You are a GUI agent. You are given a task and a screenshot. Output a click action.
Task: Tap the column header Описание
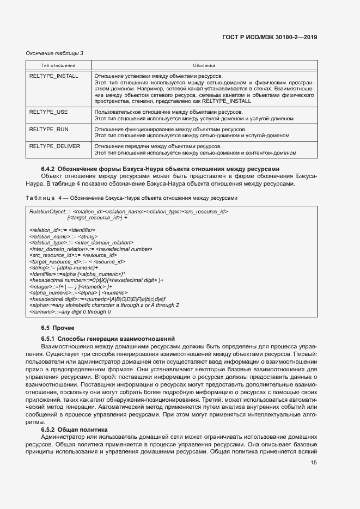(x=204, y=65)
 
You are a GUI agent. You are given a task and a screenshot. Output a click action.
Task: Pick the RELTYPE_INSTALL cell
(x=53, y=76)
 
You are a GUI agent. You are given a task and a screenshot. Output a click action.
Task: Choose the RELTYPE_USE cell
(x=48, y=111)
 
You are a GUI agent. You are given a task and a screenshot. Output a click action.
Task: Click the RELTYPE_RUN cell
(x=48, y=130)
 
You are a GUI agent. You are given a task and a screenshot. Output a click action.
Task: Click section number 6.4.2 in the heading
(x=48, y=169)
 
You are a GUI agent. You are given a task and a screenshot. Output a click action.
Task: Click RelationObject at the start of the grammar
(x=48, y=211)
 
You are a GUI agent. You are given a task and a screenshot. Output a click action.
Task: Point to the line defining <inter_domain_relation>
(x=90, y=249)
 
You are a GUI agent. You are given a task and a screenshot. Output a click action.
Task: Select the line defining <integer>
(x=71, y=286)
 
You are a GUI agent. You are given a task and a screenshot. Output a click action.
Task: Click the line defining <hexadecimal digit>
(x=97, y=299)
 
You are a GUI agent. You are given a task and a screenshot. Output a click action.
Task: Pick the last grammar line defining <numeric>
(x=70, y=311)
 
